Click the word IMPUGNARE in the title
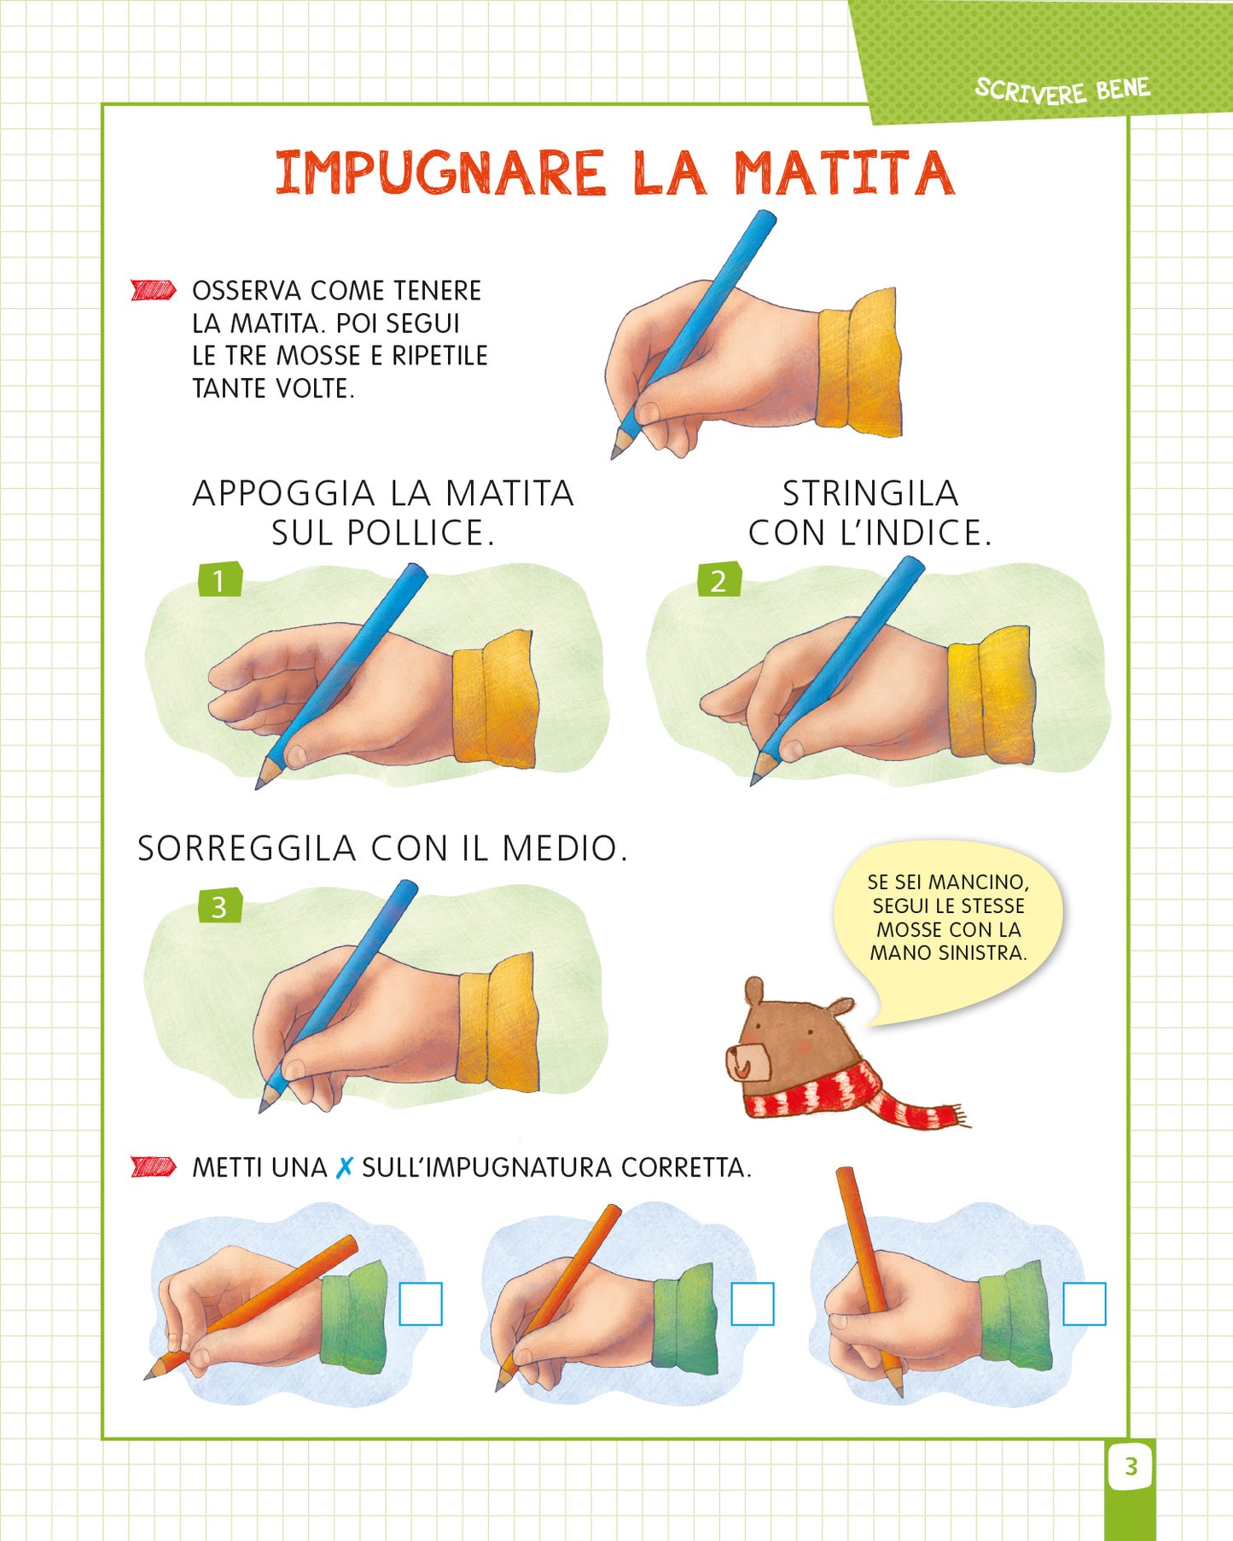[x=439, y=173]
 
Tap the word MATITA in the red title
[x=843, y=173]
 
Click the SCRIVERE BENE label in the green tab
[x=1062, y=90]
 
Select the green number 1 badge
[x=219, y=580]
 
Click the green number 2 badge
[x=718, y=580]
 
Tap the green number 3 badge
[x=219, y=906]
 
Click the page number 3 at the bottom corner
[x=1131, y=1466]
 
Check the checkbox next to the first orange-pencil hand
[x=421, y=1304]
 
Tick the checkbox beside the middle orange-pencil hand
[x=753, y=1304]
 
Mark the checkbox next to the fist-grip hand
[x=1085, y=1304]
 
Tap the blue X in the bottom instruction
[x=344, y=1167]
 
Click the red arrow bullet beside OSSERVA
[x=154, y=290]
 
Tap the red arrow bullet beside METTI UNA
[x=154, y=1166]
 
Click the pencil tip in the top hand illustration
[x=617, y=450]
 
